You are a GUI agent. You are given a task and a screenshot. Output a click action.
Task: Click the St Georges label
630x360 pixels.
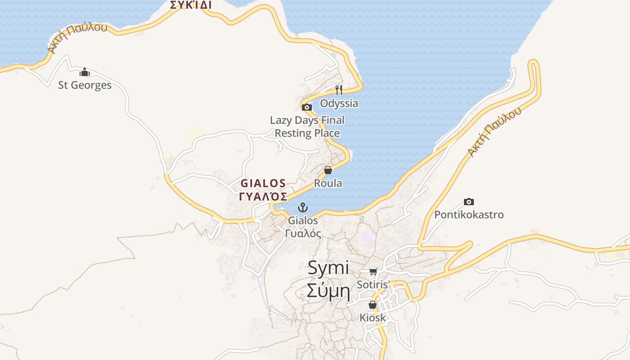85,85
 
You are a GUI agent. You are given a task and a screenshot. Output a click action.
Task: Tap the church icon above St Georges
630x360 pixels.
85,72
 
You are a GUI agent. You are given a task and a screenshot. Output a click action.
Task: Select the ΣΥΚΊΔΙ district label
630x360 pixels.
191,5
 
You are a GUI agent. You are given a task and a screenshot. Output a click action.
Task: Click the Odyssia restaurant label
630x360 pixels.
339,103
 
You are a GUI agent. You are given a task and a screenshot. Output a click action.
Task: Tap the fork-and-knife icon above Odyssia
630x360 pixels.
339,90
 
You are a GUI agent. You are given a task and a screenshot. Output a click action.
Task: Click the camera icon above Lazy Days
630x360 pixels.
307,108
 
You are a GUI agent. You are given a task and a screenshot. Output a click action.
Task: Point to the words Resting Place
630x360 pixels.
307,133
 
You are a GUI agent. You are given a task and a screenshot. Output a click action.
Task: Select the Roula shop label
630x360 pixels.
328,183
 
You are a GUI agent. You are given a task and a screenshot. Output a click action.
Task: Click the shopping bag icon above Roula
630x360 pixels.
328,170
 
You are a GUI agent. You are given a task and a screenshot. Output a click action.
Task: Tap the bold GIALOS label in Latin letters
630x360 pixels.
263,183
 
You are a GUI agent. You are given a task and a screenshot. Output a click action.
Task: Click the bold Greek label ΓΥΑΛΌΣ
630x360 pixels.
263,196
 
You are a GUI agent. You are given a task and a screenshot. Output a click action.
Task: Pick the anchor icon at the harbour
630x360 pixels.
303,207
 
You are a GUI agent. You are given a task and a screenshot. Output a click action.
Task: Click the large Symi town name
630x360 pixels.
328,268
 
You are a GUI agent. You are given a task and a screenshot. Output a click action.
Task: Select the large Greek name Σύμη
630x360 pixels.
328,291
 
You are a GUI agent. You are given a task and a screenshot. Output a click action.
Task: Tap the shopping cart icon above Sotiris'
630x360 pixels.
373,271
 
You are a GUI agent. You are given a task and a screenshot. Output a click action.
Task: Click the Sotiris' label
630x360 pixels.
373,284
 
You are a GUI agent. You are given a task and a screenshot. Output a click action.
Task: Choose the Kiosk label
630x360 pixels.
373,318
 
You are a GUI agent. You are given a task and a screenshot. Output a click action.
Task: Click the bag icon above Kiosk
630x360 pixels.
373,305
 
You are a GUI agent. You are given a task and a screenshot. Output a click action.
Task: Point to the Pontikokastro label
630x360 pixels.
469,215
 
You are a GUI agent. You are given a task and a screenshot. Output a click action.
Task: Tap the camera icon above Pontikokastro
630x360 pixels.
469,202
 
